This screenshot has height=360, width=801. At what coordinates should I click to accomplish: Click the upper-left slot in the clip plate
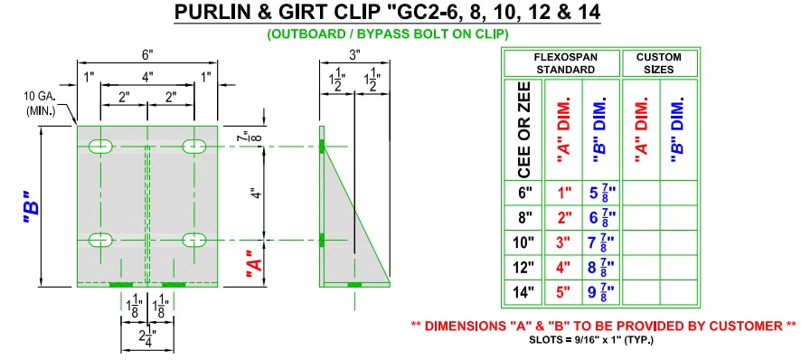(x=101, y=147)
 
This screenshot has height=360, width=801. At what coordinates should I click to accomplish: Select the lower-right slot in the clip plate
(x=194, y=240)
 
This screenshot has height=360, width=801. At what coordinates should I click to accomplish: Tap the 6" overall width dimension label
(x=147, y=53)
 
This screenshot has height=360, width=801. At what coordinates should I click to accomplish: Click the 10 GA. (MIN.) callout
(x=41, y=103)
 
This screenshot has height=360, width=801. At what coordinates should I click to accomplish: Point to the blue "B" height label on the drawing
(x=33, y=210)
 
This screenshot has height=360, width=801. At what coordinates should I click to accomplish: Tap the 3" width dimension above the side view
(x=355, y=53)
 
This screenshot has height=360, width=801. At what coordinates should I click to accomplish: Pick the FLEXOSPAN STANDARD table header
(x=561, y=63)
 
